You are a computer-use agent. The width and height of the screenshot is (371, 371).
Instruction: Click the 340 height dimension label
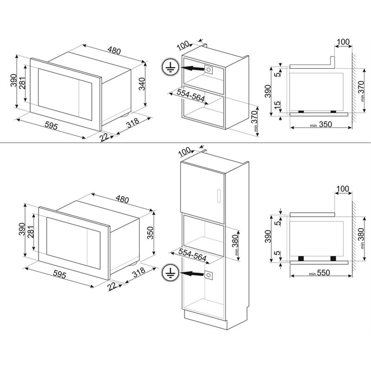click(142, 84)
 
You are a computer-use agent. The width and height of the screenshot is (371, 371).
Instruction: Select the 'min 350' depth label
click(321, 125)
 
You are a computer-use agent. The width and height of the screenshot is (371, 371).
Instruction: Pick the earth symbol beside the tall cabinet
click(169, 272)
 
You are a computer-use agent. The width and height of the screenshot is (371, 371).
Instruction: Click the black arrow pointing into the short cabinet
click(192, 69)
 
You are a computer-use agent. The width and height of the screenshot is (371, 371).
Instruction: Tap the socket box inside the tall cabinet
click(209, 275)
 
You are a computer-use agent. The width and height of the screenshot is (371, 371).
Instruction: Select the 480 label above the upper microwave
click(114, 51)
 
